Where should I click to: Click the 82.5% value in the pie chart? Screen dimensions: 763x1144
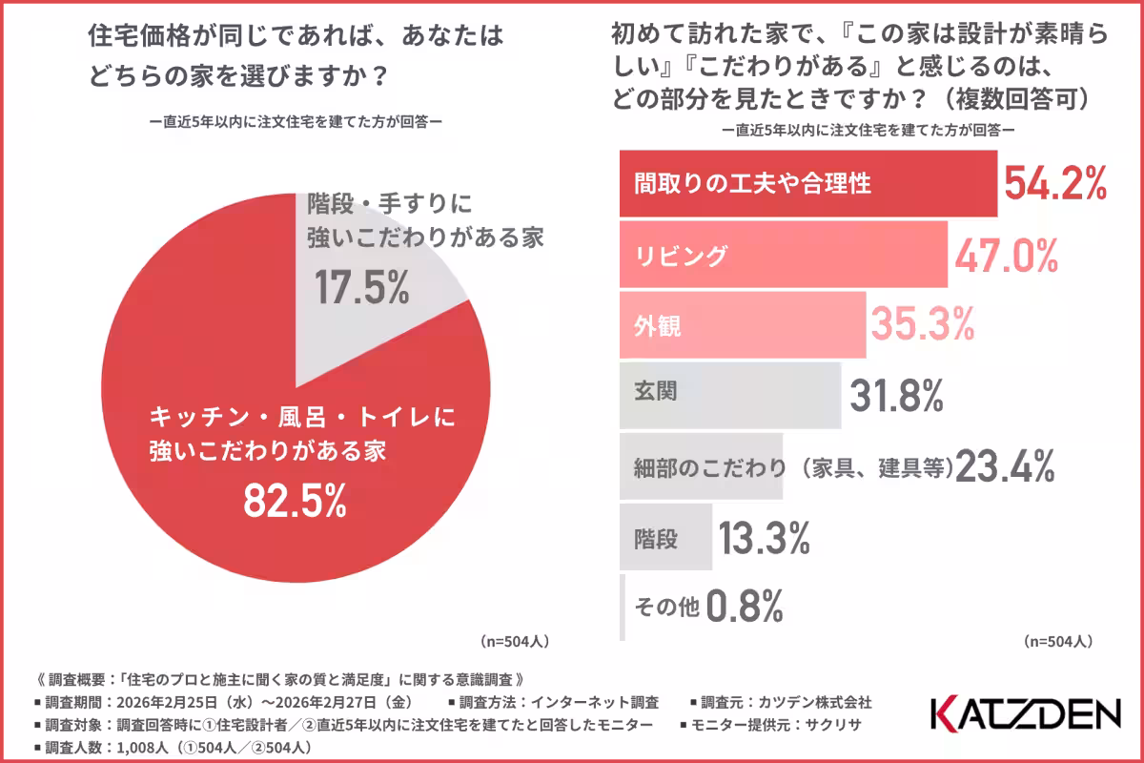point(295,501)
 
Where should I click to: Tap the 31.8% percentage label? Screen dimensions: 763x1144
point(896,394)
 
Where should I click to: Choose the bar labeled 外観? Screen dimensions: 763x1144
point(743,325)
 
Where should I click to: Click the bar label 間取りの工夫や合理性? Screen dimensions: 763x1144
point(753,183)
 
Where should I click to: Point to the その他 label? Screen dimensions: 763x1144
point(666,606)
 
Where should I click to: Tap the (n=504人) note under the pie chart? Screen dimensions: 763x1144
point(514,640)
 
